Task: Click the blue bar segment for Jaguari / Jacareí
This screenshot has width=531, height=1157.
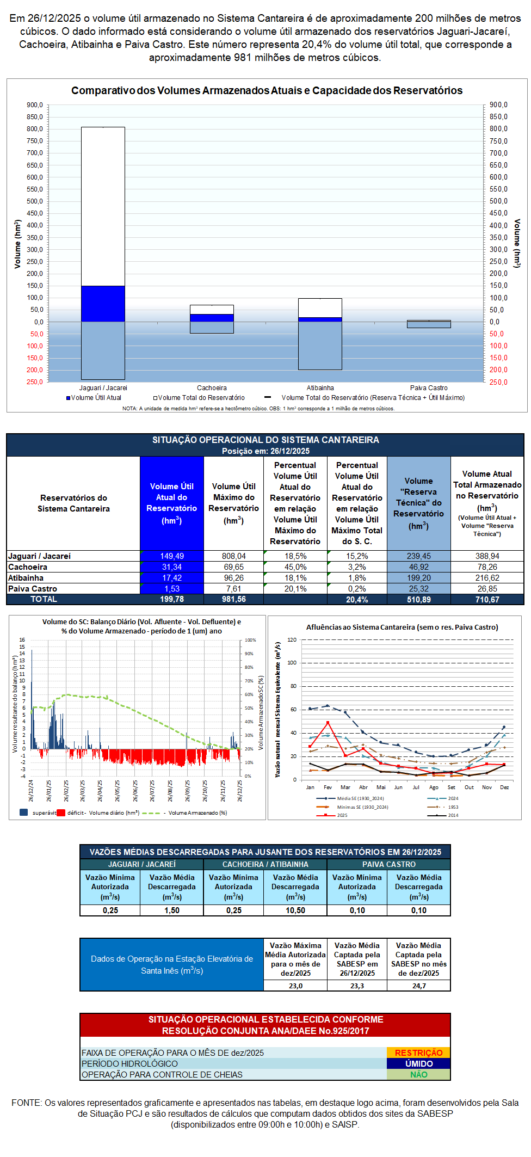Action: pos(103,303)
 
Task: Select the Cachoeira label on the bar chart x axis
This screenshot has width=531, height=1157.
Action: pos(212,388)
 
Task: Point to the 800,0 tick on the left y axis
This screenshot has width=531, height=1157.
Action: pos(35,129)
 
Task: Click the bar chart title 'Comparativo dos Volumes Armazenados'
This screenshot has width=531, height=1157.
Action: pos(267,91)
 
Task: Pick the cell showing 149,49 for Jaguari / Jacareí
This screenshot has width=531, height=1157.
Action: pos(172,556)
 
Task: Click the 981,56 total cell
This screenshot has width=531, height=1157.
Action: pos(233,599)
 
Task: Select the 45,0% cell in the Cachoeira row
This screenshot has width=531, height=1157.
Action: pos(295,567)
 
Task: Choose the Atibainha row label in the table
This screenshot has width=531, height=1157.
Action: pos(26,578)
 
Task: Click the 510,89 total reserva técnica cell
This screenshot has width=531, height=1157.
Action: pos(419,599)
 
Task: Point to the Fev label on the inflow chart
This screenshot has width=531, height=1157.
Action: pos(328,787)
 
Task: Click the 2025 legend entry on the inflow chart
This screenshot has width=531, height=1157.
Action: pos(342,815)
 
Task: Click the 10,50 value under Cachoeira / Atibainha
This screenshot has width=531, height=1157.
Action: pos(295,910)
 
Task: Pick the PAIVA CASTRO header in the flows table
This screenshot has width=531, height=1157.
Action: pos(389,864)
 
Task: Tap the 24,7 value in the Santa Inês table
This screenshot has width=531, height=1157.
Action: pos(419,986)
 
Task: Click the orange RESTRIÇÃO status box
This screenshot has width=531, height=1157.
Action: pos(418,1053)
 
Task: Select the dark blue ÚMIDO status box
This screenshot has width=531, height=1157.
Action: pos(418,1063)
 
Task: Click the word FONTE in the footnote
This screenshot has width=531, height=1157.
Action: pos(26,1103)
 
